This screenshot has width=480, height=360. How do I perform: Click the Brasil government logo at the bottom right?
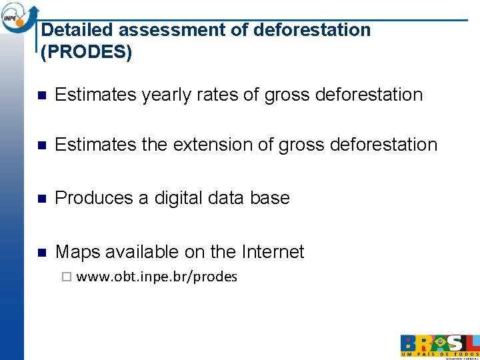tap(439, 345)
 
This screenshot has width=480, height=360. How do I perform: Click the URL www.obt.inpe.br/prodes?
tap(157, 277)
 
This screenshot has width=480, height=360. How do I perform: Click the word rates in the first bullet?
tap(216, 95)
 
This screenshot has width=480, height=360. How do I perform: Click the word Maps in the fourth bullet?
tap(76, 252)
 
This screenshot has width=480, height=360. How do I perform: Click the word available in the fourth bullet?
tap(138, 252)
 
